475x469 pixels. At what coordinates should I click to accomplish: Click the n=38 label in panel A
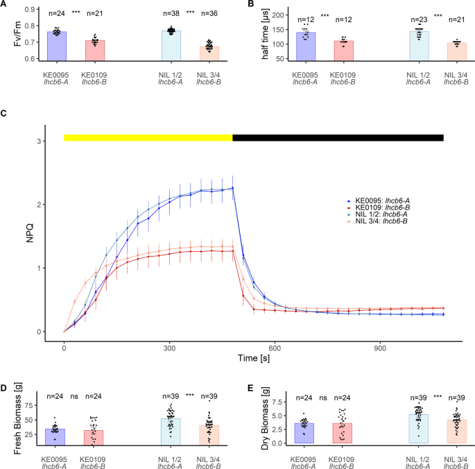[171, 13]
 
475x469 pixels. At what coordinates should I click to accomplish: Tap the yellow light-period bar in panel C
[148, 138]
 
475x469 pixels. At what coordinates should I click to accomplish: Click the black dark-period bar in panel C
[338, 138]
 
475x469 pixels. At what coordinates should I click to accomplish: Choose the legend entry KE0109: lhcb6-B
[379, 206]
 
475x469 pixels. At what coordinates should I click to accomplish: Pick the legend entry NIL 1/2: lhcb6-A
[379, 214]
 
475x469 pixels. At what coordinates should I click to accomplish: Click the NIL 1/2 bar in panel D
[171, 431]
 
